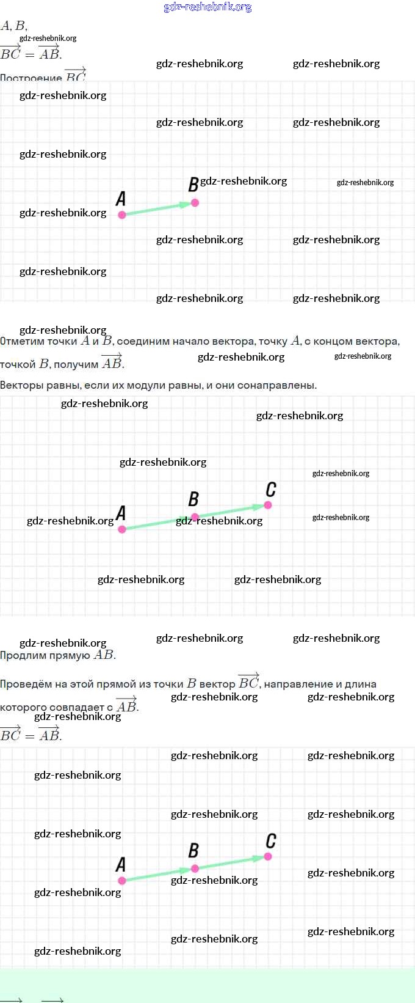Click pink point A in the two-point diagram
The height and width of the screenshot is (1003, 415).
pyautogui.click(x=122, y=215)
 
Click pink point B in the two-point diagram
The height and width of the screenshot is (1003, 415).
pyautogui.click(x=195, y=202)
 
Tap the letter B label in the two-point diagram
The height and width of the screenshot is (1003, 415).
pyautogui.click(x=193, y=185)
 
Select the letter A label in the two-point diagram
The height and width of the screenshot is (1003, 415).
pyautogui.click(x=121, y=199)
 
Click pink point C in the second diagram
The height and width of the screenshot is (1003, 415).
pyautogui.click(x=268, y=505)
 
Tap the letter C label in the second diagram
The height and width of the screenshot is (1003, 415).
pyautogui.click(x=271, y=490)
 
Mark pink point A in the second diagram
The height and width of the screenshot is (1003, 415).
pyautogui.click(x=122, y=529)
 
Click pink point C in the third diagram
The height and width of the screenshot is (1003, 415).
pyautogui.click(x=268, y=856)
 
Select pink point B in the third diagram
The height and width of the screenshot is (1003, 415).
pyautogui.click(x=195, y=869)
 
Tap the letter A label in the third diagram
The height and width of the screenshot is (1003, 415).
pyautogui.click(x=121, y=865)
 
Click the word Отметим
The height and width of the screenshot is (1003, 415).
pyautogui.click(x=21, y=342)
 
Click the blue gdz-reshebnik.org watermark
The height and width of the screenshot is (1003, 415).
pyautogui.click(x=208, y=7)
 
